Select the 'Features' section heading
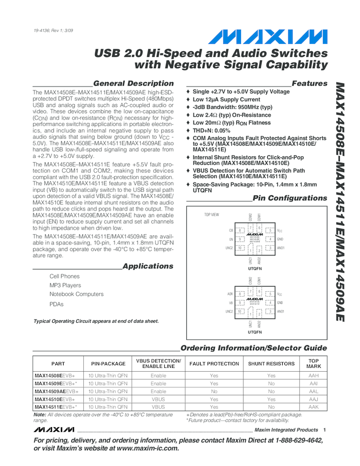coord(310,83)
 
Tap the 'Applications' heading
coord(147,266)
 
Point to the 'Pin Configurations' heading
coord(290,198)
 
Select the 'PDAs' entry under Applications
coord(56,304)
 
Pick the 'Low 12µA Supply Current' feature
coord(226,99)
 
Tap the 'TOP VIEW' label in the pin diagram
coord(212,214)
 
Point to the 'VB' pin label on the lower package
coord(231,303)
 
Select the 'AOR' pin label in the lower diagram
coord(230,294)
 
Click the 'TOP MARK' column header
coord(313,363)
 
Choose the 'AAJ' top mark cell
coord(313,400)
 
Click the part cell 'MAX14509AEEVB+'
coord(56,391)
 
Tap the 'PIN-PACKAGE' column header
coord(107,363)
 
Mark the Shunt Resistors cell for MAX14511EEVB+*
coord(271,407)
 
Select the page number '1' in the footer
coord(325,430)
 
